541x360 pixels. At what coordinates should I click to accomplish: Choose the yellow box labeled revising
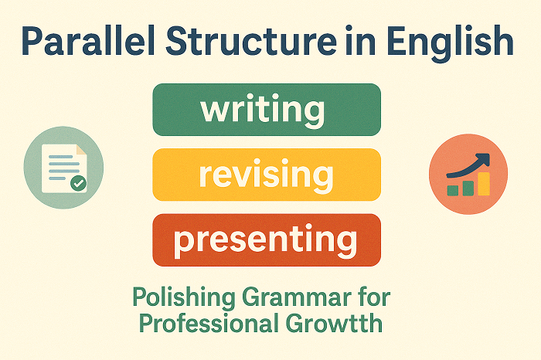coord(267,175)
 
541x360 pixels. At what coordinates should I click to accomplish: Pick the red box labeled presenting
coord(267,240)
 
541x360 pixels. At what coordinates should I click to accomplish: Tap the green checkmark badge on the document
coord(78,184)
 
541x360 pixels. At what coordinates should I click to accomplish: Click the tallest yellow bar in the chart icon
coord(484,183)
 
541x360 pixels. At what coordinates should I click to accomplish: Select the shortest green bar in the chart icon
coord(452,189)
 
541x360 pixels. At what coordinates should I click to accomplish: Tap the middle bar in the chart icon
coord(468,186)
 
